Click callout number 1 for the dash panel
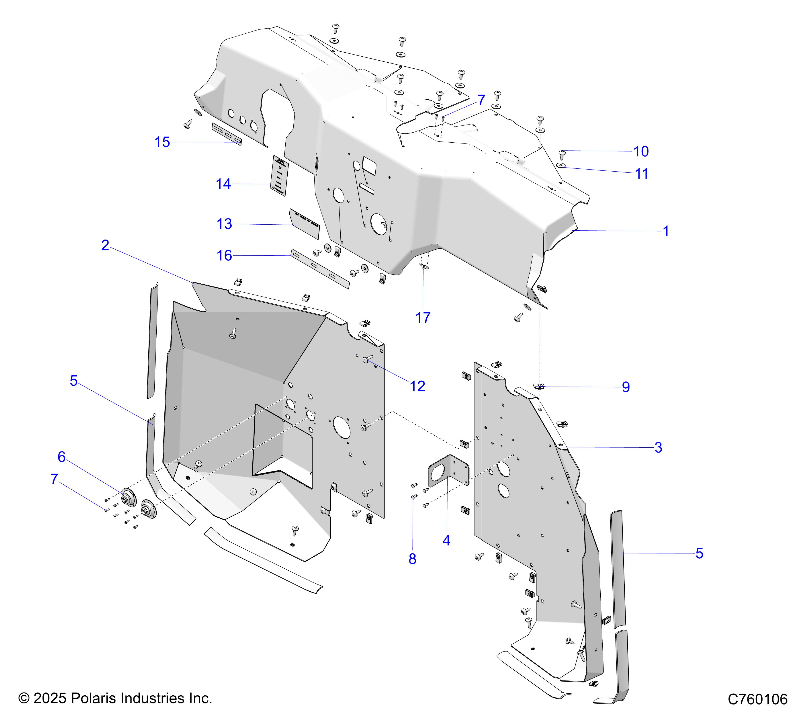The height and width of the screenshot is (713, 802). pos(666,231)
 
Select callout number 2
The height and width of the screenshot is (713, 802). pos(105,245)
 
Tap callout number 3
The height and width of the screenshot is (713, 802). pos(658,447)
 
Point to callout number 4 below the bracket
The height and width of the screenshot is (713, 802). pos(446,541)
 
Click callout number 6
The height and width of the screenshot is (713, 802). pos(62,457)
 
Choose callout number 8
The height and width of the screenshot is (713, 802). pos(412,559)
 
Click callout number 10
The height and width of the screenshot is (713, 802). pos(641,152)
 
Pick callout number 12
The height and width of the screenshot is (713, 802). pos(417,387)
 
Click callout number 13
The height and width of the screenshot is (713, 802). pos(224,224)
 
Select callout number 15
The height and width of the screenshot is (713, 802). pos(162,142)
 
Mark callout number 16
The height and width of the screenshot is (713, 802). pos(224,256)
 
